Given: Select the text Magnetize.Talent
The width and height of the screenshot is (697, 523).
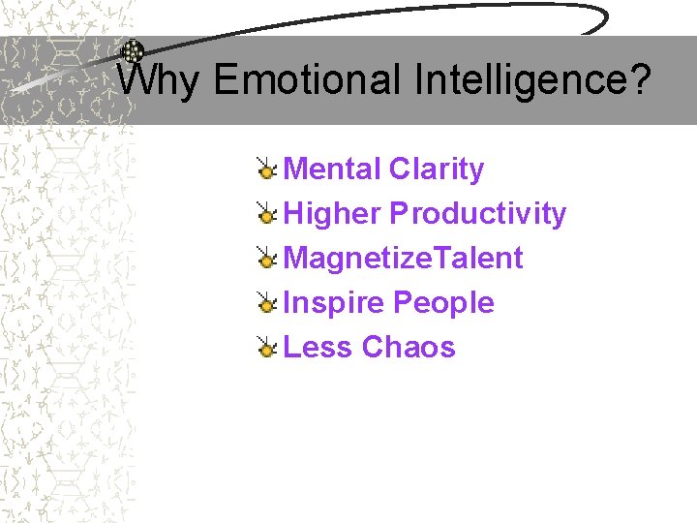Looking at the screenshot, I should (403, 259).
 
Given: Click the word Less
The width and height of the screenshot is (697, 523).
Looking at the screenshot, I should (318, 347).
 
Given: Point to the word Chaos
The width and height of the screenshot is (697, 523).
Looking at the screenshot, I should (409, 347).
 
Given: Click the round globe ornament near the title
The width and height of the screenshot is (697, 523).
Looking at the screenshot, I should (133, 51).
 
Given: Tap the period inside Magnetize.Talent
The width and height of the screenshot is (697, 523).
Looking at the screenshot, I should (433, 268).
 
